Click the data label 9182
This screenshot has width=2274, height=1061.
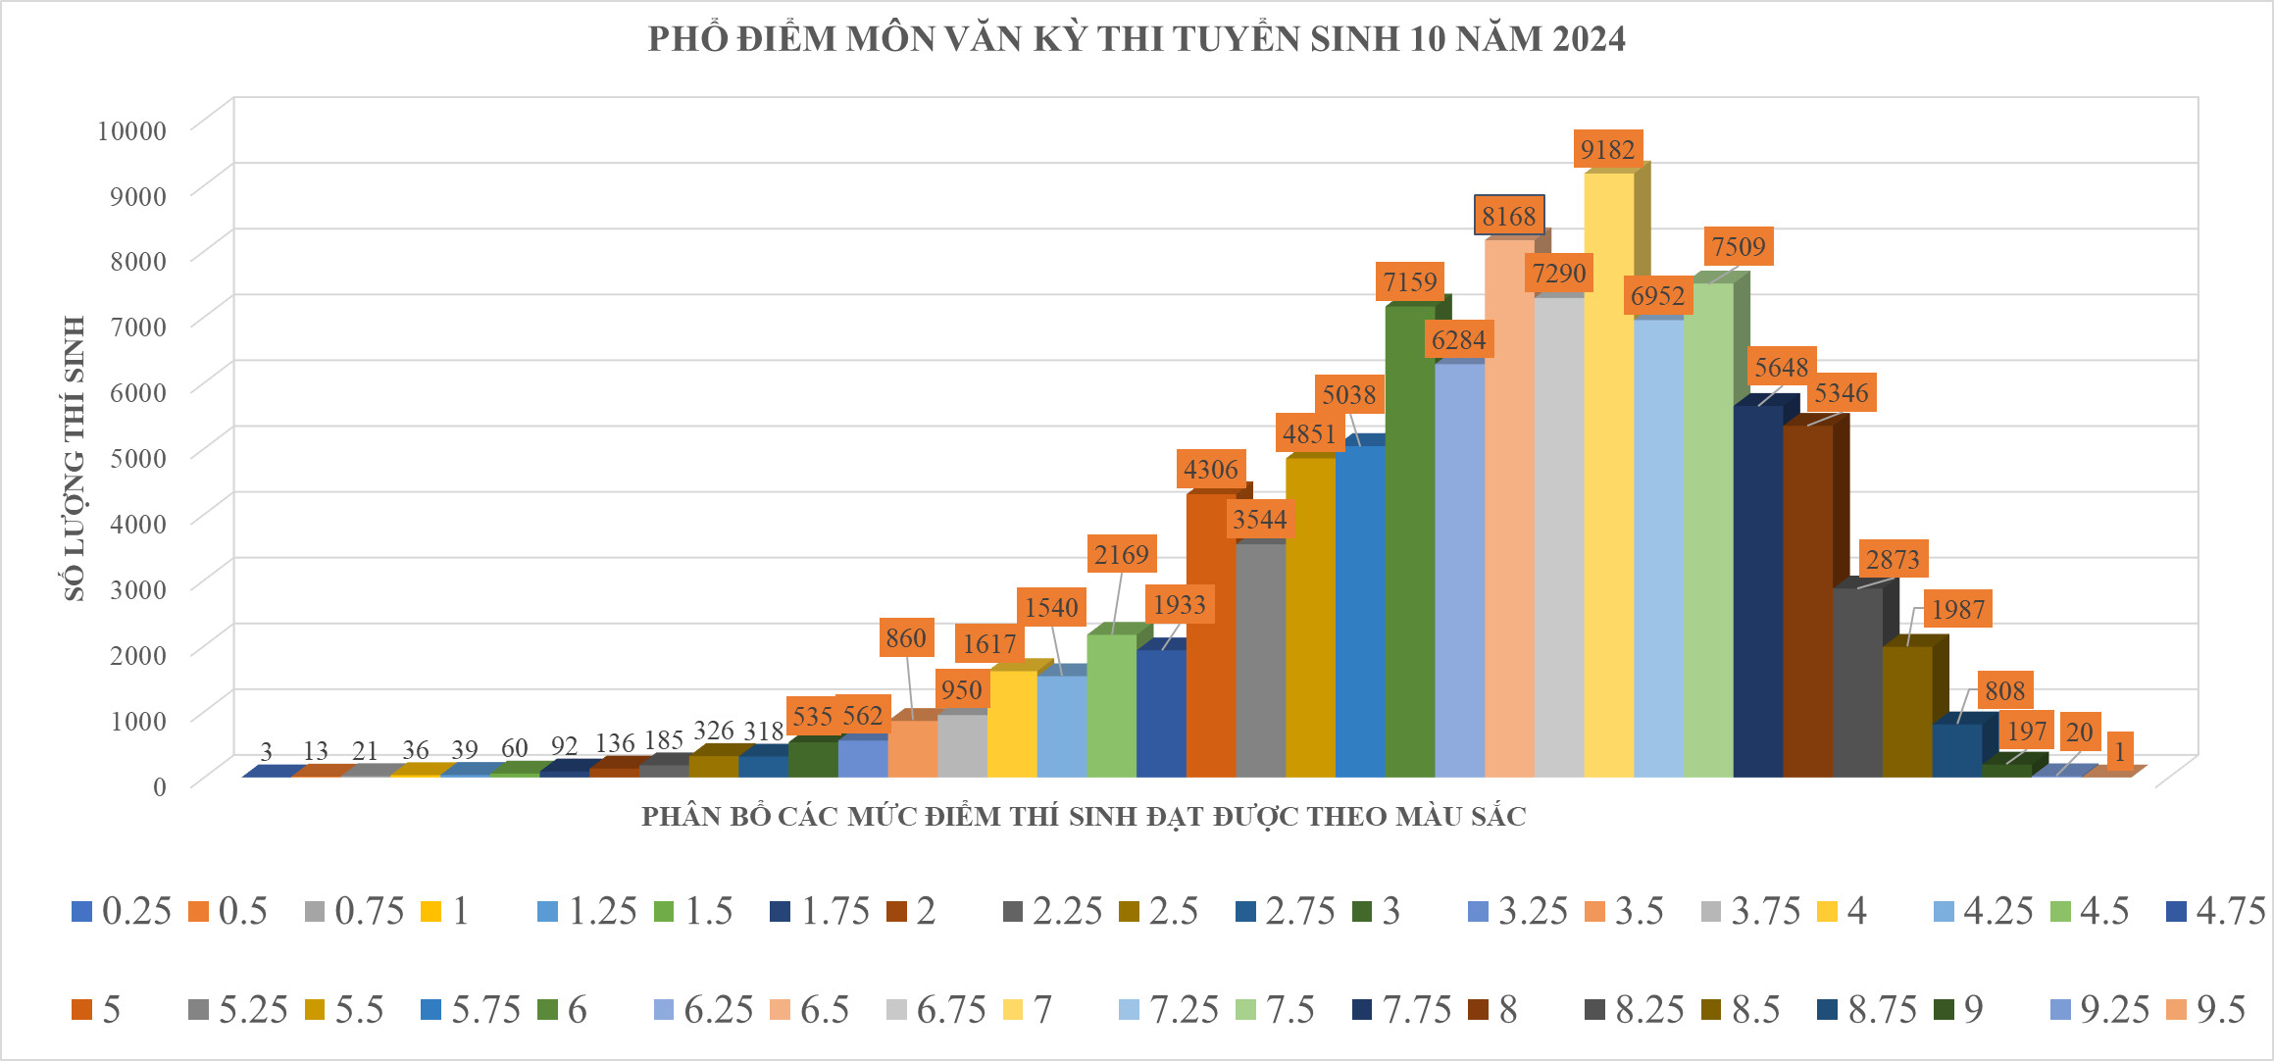point(1608,149)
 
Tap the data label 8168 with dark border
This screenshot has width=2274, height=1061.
point(1509,216)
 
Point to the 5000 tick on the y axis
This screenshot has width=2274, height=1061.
point(137,458)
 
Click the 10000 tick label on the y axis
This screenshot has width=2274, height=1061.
point(131,130)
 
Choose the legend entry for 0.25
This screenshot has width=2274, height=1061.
point(124,911)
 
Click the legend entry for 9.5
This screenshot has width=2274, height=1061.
point(2207,1009)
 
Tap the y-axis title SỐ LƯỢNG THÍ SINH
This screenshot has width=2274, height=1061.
point(75,458)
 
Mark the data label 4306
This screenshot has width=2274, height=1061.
point(1211,469)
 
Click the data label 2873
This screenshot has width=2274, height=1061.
point(1892,559)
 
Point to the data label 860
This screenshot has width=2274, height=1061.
point(905,638)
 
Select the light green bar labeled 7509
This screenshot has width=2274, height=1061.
point(1708,530)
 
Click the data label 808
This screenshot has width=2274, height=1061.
point(2004,690)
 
